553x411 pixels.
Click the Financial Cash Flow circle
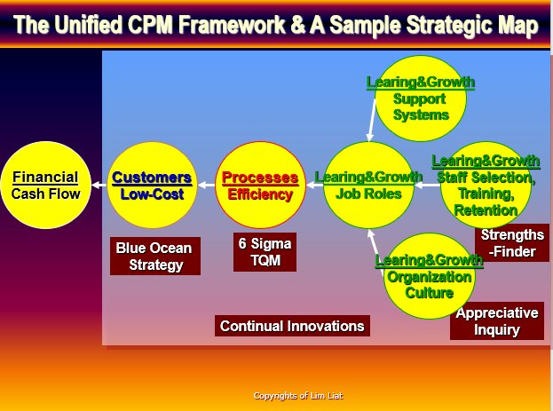(46, 185)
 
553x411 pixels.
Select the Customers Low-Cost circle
(152, 185)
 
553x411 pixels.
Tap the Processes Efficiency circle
(260, 185)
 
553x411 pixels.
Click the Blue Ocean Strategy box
(155, 257)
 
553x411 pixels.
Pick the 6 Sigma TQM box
(265, 252)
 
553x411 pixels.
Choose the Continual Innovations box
(292, 326)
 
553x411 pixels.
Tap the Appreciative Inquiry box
(497, 321)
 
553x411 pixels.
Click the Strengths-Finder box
(512, 243)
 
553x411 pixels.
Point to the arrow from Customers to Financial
(99, 185)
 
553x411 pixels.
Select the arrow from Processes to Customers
(207, 185)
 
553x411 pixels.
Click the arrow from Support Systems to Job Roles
(371, 121)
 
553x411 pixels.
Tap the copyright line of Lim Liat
(298, 396)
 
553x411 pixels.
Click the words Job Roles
(368, 194)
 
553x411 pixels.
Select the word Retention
(486, 210)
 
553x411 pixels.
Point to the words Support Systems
(421, 107)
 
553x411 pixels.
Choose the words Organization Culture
(430, 285)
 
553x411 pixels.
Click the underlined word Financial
(45, 178)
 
